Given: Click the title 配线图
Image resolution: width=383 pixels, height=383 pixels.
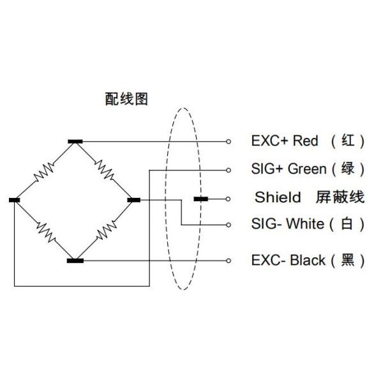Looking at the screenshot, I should tap(126, 99).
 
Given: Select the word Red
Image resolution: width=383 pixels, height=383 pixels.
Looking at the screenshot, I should tap(306, 141).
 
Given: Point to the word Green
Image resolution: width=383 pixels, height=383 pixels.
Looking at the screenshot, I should tap(308, 169).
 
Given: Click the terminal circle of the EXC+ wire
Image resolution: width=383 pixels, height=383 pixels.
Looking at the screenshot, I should tap(229, 141).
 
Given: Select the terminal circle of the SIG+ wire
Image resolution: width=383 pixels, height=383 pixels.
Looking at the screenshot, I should tap(229, 170).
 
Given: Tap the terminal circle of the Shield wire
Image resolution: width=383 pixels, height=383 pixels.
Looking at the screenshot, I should tap(229, 199).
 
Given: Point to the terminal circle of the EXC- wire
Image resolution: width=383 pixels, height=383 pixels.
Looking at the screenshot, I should tap(229, 260).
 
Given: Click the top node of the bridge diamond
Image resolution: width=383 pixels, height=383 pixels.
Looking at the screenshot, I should tap(75, 141).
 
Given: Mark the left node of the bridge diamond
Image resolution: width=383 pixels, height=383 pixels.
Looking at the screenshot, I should tap(15, 200).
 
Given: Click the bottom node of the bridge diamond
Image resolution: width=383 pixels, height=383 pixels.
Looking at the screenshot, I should tap(75, 260).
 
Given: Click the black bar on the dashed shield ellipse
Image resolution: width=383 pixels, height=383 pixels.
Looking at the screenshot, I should tap(200, 199).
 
